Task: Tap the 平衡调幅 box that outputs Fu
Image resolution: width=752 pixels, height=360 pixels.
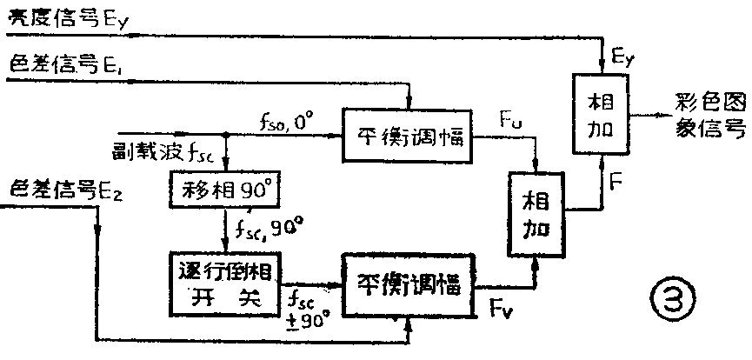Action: pyautogui.click(x=409, y=137)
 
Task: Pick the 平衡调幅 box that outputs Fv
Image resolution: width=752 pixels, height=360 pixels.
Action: pyautogui.click(x=408, y=283)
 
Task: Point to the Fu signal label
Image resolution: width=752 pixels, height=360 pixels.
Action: pyautogui.click(x=511, y=116)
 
